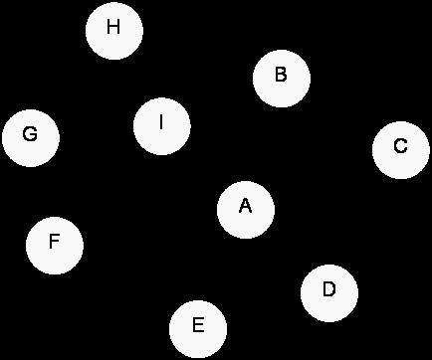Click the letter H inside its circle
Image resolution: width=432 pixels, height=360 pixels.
pyautogui.click(x=113, y=27)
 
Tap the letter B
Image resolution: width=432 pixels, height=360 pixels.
pyautogui.click(x=281, y=75)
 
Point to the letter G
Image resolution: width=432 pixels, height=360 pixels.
pyautogui.click(x=30, y=134)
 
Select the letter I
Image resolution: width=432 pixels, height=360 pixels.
pyautogui.click(x=161, y=122)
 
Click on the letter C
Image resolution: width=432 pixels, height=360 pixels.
pyautogui.click(x=400, y=146)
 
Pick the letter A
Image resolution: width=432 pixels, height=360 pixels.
pyautogui.click(x=245, y=206)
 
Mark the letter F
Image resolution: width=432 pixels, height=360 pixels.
pyautogui.click(x=54, y=241)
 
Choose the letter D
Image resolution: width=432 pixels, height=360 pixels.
pyautogui.click(x=328, y=288)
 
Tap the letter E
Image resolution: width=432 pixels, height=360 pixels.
pyautogui.click(x=198, y=324)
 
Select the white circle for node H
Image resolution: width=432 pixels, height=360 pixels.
pyautogui.click(x=114, y=31)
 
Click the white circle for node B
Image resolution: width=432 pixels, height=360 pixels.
pyautogui.click(x=282, y=79)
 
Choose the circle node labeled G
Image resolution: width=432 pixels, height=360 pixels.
pyautogui.click(x=31, y=138)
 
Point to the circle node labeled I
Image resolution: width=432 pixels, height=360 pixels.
pyautogui.click(x=162, y=126)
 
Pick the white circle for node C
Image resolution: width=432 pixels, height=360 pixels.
pyautogui.click(x=401, y=150)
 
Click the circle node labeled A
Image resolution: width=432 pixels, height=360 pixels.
pyautogui.click(x=246, y=210)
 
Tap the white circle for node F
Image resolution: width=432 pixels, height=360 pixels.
pyautogui.click(x=55, y=246)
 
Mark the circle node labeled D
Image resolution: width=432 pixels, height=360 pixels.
pyautogui.click(x=329, y=293)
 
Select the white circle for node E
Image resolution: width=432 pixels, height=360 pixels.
pyautogui.click(x=198, y=329)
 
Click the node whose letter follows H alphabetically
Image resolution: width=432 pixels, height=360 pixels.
pyautogui.click(x=162, y=126)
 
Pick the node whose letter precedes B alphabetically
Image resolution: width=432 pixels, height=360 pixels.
pyautogui.click(x=246, y=210)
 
